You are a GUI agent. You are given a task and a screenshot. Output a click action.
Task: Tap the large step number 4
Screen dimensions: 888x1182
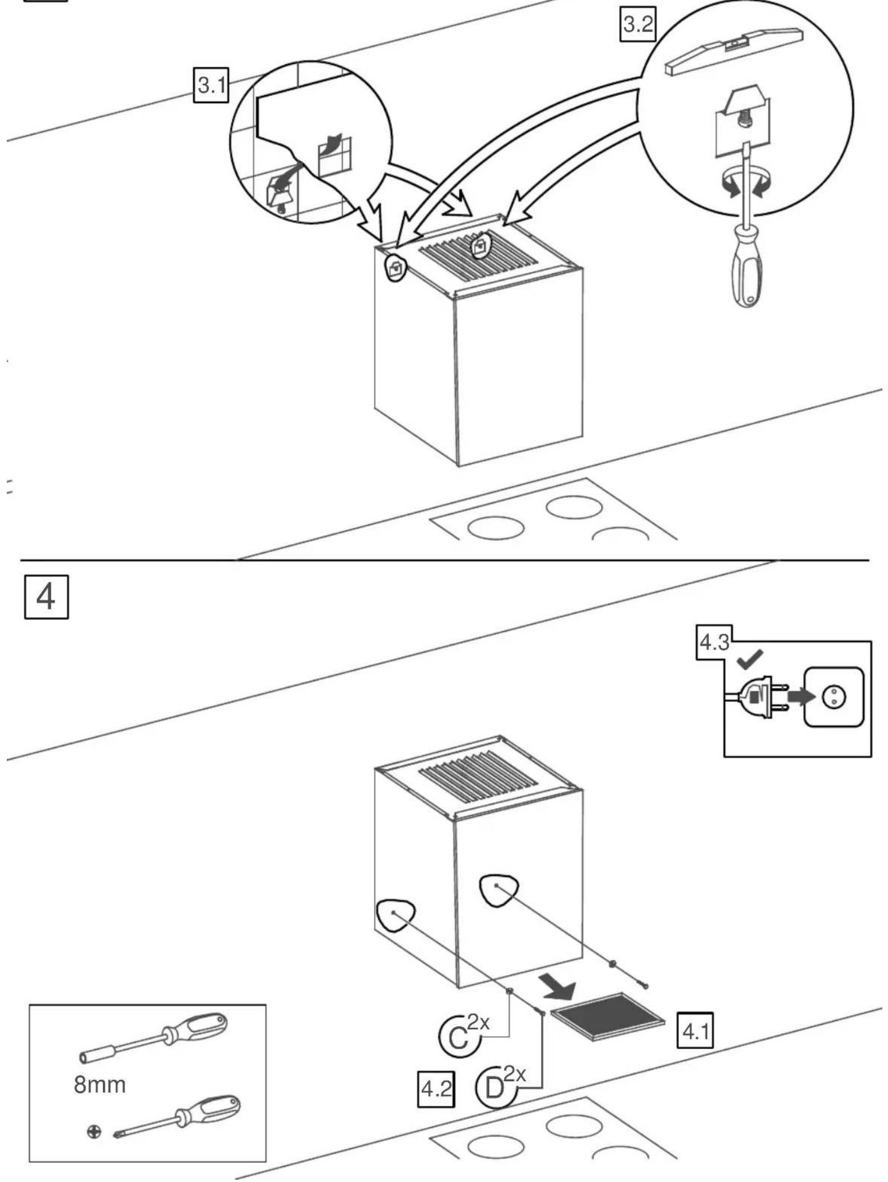tap(46, 597)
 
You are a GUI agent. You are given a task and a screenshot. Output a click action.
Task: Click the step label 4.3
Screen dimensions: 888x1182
tap(714, 642)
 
